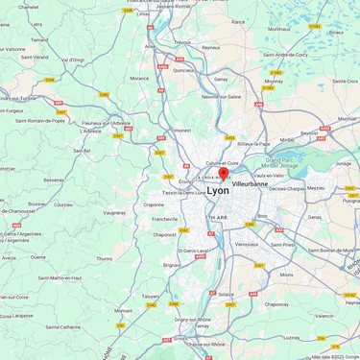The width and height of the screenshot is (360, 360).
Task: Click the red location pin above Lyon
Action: [x=224, y=175]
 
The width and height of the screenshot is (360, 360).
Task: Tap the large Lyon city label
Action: [x=218, y=191]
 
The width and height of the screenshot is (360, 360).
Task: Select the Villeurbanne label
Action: [x=250, y=183]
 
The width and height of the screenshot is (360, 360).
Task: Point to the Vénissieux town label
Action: [x=247, y=244]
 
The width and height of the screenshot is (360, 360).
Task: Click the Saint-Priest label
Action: [x=282, y=244]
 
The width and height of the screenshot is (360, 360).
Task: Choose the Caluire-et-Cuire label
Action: [x=222, y=163]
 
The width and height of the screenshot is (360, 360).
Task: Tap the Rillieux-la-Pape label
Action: [x=254, y=144]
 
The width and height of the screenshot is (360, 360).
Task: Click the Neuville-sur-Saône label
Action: [x=221, y=97]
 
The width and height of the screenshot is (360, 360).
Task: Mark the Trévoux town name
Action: [x=182, y=42]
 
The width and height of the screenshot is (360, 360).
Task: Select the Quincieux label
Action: [x=184, y=70]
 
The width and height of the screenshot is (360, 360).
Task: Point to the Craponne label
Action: [x=154, y=204]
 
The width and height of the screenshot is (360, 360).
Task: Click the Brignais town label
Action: [x=172, y=264]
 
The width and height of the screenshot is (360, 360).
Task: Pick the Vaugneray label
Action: [x=114, y=212]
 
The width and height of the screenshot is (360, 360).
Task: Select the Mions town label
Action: [x=286, y=275]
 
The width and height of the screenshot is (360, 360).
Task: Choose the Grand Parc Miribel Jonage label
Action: [x=284, y=163]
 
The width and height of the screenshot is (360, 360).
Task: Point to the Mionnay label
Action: [x=274, y=82]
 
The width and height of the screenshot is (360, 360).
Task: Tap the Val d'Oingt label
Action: [x=73, y=60]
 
